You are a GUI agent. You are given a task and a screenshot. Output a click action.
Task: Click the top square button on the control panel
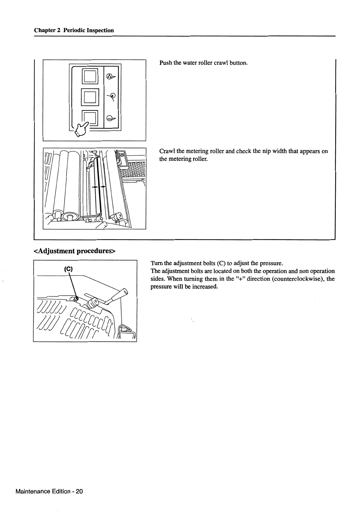pos(90,76)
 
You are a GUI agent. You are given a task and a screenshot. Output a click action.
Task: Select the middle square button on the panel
pos(90,96)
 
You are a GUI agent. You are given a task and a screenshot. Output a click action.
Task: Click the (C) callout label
pos(68,269)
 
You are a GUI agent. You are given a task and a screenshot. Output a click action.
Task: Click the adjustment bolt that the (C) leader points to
pos(77,298)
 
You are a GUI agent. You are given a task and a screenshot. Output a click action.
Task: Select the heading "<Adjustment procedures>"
pos(75,251)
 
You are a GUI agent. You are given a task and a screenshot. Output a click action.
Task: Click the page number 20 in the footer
pos(79,491)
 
